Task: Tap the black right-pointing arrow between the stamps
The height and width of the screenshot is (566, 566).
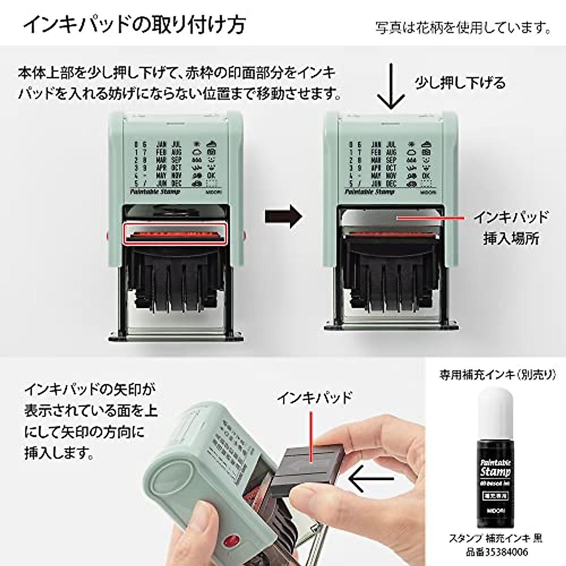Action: tap(282, 216)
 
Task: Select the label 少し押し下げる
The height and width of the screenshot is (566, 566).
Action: tap(460, 83)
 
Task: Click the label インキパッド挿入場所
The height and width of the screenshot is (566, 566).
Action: tap(511, 228)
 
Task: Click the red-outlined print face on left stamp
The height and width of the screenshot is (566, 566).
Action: tap(175, 233)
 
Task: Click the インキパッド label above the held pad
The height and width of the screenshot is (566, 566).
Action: tap(314, 398)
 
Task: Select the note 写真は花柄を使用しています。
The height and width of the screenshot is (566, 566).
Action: tap(463, 28)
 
